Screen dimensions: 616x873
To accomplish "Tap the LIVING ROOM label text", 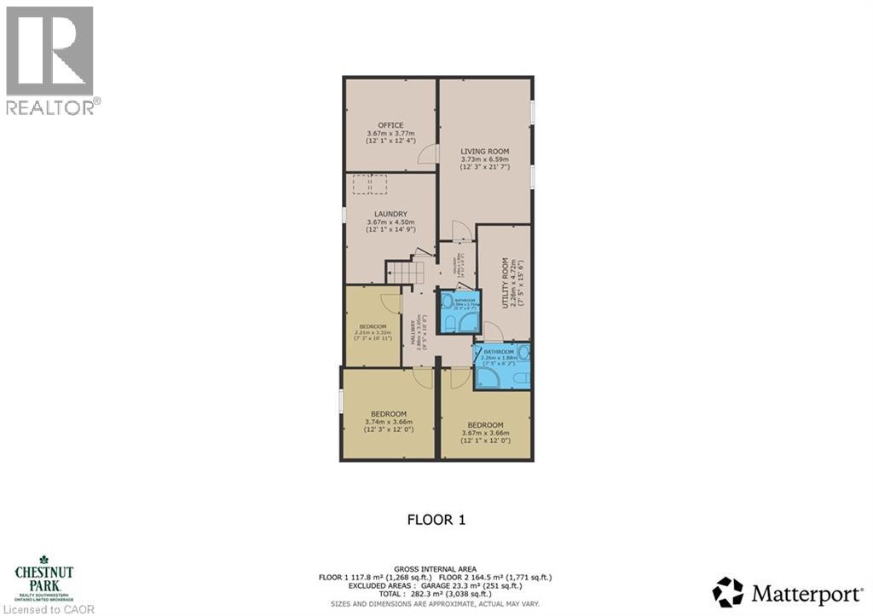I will click(x=484, y=151).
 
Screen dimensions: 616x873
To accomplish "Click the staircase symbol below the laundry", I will click(x=404, y=273).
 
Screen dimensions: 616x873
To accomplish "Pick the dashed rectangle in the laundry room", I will click(x=370, y=184).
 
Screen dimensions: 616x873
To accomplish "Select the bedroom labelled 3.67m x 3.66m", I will click(x=484, y=425).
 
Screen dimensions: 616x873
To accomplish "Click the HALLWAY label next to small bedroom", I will click(x=413, y=331).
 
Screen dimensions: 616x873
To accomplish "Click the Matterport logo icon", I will click(x=727, y=591).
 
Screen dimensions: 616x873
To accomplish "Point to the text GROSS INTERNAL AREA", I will click(x=436, y=568).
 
